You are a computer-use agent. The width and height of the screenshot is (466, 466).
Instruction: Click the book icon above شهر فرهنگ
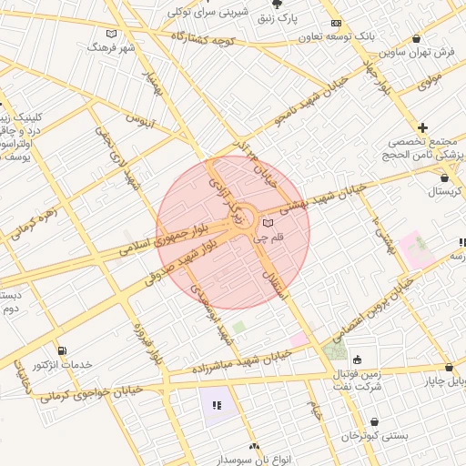(111, 32)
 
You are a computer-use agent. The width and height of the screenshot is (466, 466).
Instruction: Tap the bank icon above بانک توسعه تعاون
(336, 23)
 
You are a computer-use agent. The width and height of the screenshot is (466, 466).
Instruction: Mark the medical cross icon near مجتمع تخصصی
(422, 127)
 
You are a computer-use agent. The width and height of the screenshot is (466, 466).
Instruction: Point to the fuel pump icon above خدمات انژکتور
(61, 350)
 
